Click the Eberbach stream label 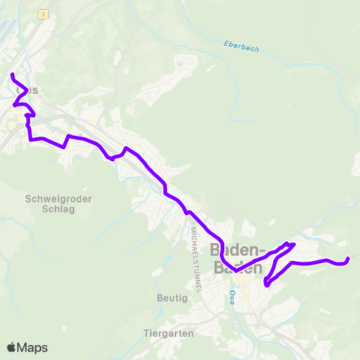click(241, 46)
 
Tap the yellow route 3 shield click(44, 14)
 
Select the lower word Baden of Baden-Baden click(238, 268)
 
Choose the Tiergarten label click(169, 333)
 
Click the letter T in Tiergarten click(145, 333)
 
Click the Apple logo click(12, 347)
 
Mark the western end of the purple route click(12, 74)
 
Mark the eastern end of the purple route click(348, 259)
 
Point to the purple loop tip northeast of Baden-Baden click(292, 244)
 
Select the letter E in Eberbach click(225, 42)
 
